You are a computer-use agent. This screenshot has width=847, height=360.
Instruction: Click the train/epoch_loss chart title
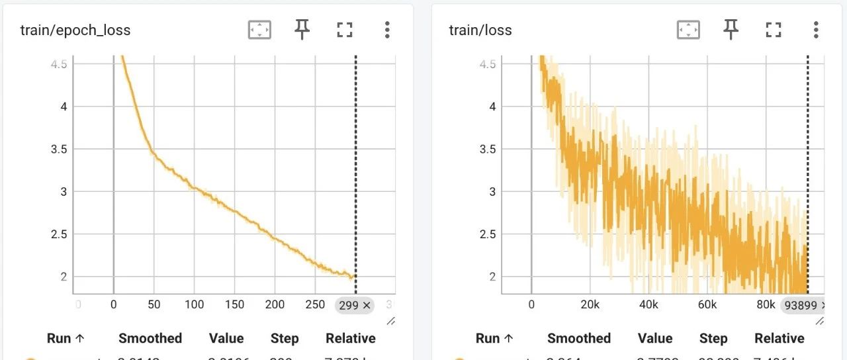point(75,30)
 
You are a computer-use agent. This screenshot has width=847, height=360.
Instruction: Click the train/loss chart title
point(480,30)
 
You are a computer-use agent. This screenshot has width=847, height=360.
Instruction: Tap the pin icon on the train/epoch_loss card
point(302,29)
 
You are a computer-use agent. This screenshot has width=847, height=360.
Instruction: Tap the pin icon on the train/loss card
point(731,29)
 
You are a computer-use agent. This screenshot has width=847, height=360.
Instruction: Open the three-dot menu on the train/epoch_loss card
point(387,29)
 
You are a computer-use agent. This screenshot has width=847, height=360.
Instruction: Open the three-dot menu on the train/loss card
point(816,29)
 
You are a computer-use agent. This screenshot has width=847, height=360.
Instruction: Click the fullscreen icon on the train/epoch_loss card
point(344,29)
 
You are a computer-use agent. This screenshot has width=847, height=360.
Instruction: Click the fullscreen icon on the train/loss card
point(773,29)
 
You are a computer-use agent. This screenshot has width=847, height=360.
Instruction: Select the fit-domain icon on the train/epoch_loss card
point(259,29)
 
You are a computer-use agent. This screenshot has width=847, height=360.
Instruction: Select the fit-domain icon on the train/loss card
point(688,29)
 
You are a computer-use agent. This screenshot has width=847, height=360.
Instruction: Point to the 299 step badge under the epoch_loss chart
point(355,305)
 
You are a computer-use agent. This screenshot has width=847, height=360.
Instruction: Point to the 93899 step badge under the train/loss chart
point(803,305)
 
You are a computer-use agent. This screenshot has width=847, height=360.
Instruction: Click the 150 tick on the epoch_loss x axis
point(234,305)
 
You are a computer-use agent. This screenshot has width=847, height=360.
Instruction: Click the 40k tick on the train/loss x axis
point(648,305)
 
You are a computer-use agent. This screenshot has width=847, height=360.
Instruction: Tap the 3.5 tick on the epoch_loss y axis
point(59,149)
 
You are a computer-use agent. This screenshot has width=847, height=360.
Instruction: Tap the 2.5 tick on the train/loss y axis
point(488,234)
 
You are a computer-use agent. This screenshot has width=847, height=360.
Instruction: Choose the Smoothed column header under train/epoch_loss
point(150,338)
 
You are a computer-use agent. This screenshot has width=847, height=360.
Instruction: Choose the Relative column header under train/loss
point(779,338)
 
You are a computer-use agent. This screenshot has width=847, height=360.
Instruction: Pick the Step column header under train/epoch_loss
point(285,338)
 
